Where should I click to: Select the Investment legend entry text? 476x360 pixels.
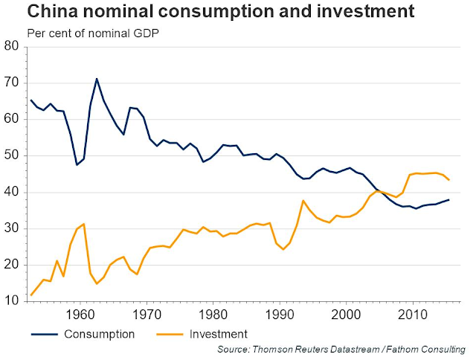tap(216, 334)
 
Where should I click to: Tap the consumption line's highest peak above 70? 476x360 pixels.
tap(97, 78)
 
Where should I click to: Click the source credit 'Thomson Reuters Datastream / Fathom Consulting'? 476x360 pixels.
tap(341, 349)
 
